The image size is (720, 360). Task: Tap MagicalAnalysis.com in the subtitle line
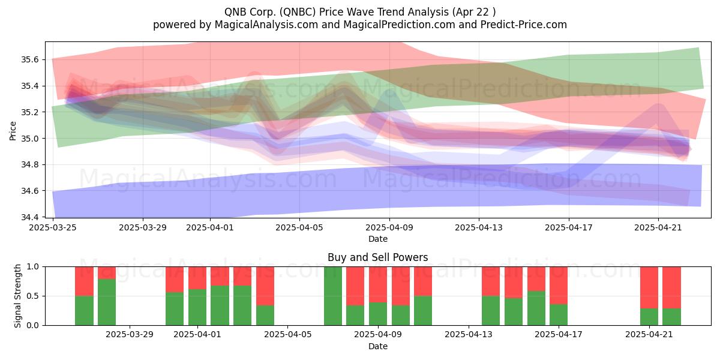point(266,25)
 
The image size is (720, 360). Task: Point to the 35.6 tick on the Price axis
point(29,59)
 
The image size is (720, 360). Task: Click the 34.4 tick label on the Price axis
point(29,217)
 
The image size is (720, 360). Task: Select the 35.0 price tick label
point(29,139)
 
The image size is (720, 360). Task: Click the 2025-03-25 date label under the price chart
point(53,227)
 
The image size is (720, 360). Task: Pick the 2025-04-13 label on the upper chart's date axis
point(479,227)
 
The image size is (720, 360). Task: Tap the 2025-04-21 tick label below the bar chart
point(649,335)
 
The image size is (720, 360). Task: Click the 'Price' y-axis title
point(13,131)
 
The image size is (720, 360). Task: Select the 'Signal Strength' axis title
point(17,296)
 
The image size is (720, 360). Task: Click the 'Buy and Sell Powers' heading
point(377,257)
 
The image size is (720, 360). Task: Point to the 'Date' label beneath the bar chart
point(377,346)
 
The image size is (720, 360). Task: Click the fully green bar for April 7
point(332,296)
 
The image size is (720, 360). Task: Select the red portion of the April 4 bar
point(265,286)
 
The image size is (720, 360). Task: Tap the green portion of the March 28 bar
point(107,302)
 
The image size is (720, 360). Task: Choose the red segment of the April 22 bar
point(671,287)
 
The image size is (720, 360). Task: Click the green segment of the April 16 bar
point(536,308)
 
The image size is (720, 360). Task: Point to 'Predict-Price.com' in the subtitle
point(524,25)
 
